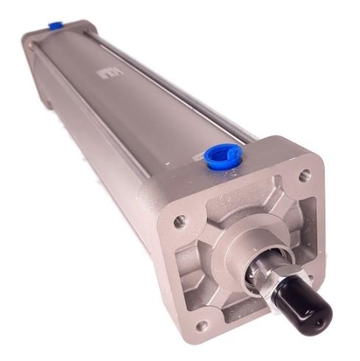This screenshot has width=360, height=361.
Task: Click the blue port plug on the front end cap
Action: click(x=223, y=156)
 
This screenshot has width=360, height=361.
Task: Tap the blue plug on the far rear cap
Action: click(x=55, y=26)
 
